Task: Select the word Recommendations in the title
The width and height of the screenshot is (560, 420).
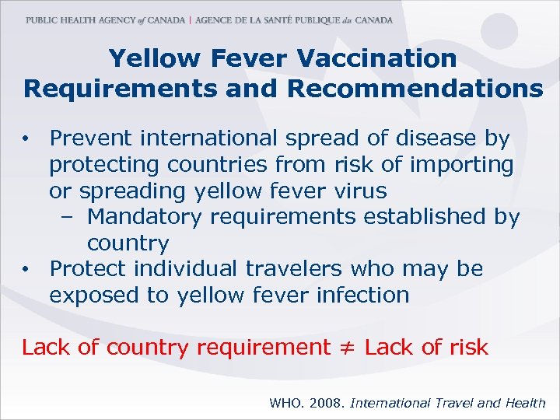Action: pyautogui.click(x=415, y=89)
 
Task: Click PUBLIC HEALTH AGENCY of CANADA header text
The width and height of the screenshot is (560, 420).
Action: pyautogui.click(x=105, y=20)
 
